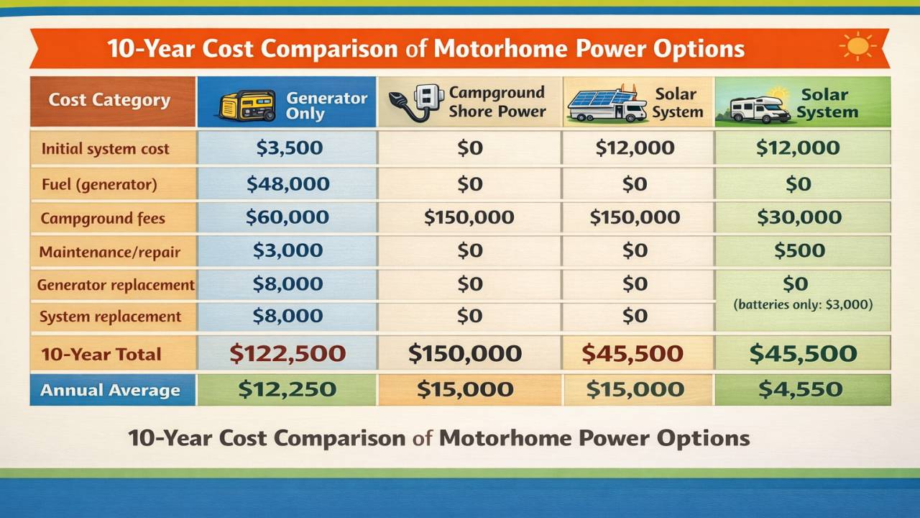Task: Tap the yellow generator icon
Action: click(247, 105)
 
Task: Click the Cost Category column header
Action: click(109, 100)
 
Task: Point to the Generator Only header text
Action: click(326, 105)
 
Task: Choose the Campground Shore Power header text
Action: click(497, 102)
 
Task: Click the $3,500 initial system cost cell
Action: click(289, 148)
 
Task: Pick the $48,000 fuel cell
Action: click(287, 183)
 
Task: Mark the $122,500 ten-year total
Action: click(287, 353)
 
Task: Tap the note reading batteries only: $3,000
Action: click(802, 304)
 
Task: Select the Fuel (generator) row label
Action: click(99, 184)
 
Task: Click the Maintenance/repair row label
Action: click(110, 253)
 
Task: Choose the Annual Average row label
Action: click(110, 391)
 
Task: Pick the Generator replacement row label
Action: click(116, 285)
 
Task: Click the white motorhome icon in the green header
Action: click(760, 109)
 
